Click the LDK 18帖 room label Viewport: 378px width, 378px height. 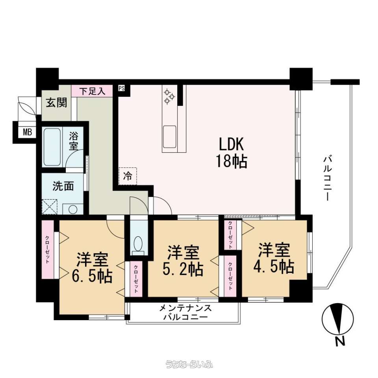[x=232, y=152]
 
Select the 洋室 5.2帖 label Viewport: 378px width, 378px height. [x=183, y=261]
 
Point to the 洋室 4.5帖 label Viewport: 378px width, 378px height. [x=274, y=258]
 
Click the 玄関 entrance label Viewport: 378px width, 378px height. [x=57, y=103]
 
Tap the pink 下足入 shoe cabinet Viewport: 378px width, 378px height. [x=92, y=91]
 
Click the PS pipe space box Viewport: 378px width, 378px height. [x=122, y=88]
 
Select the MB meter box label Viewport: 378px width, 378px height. [x=28, y=132]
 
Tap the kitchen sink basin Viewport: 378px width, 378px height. [x=170, y=137]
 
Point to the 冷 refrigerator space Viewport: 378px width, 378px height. [x=128, y=176]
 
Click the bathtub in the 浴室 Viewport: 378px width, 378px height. [x=52, y=147]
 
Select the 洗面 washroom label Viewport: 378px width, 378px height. [x=63, y=186]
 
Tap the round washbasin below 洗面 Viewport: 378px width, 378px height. [x=72, y=209]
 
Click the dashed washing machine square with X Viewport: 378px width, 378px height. [x=50, y=207]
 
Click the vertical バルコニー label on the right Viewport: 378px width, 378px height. [x=328, y=178]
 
